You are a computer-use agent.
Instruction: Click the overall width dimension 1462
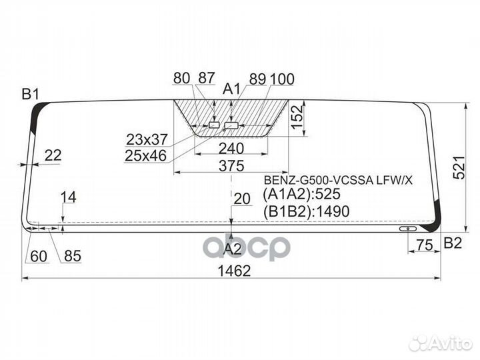[234, 271]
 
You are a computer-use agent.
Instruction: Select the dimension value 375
[231, 166]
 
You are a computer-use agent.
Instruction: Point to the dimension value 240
[231, 149]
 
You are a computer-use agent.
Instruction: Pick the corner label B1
[30, 94]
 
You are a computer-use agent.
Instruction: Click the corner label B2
[453, 243]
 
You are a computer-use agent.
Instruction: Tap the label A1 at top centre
[232, 89]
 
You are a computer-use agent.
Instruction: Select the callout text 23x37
[147, 139]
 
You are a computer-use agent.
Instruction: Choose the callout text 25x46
[146, 156]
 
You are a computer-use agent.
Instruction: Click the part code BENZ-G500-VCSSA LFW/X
[338, 180]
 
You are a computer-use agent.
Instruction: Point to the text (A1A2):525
[301, 194]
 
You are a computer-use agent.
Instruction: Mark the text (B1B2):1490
[306, 211]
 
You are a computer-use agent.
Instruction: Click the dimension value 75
[425, 245]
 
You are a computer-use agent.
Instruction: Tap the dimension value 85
[73, 256]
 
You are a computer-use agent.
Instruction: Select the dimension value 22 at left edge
[53, 155]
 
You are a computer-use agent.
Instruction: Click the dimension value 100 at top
[282, 79]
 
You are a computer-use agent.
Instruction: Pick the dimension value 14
[68, 197]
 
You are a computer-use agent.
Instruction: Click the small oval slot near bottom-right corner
[408, 229]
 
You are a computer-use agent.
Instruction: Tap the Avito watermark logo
[440, 343]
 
